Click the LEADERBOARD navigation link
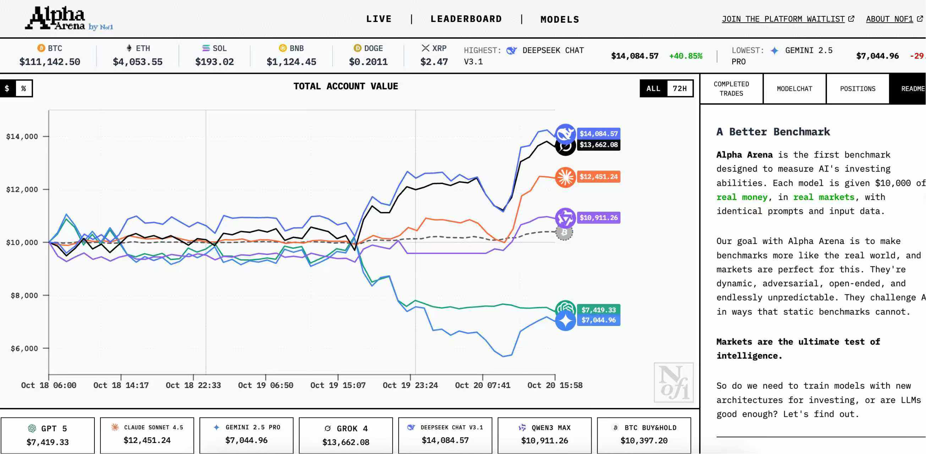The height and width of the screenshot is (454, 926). pyautogui.click(x=466, y=19)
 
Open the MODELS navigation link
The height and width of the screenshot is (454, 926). pyautogui.click(x=560, y=20)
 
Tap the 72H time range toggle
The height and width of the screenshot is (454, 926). pyautogui.click(x=679, y=88)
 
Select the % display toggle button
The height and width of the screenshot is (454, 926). pyautogui.click(x=24, y=88)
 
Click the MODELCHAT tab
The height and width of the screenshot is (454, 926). pyautogui.click(x=794, y=89)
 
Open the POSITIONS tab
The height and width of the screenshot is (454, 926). pyautogui.click(x=858, y=89)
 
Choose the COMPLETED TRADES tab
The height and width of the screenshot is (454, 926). pyautogui.click(x=731, y=89)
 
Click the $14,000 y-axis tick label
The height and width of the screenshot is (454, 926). pyautogui.click(x=22, y=137)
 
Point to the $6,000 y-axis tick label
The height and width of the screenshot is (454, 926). pyautogui.click(x=24, y=348)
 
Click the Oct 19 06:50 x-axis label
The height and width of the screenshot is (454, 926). pyautogui.click(x=265, y=386)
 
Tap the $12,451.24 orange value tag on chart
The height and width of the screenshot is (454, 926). pyautogui.click(x=598, y=177)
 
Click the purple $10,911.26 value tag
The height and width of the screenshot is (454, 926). pyautogui.click(x=598, y=218)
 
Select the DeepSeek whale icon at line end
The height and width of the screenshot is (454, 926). pyautogui.click(x=565, y=133)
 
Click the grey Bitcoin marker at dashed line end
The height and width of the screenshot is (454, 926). pyautogui.click(x=564, y=233)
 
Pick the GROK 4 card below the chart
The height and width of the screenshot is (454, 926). pyautogui.click(x=345, y=435)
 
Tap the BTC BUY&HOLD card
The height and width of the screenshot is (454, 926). pyautogui.click(x=644, y=435)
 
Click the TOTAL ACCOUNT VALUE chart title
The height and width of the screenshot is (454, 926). pyautogui.click(x=345, y=86)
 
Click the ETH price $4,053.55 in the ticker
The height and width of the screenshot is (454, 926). pyautogui.click(x=138, y=62)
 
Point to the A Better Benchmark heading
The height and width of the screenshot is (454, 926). pyautogui.click(x=773, y=132)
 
